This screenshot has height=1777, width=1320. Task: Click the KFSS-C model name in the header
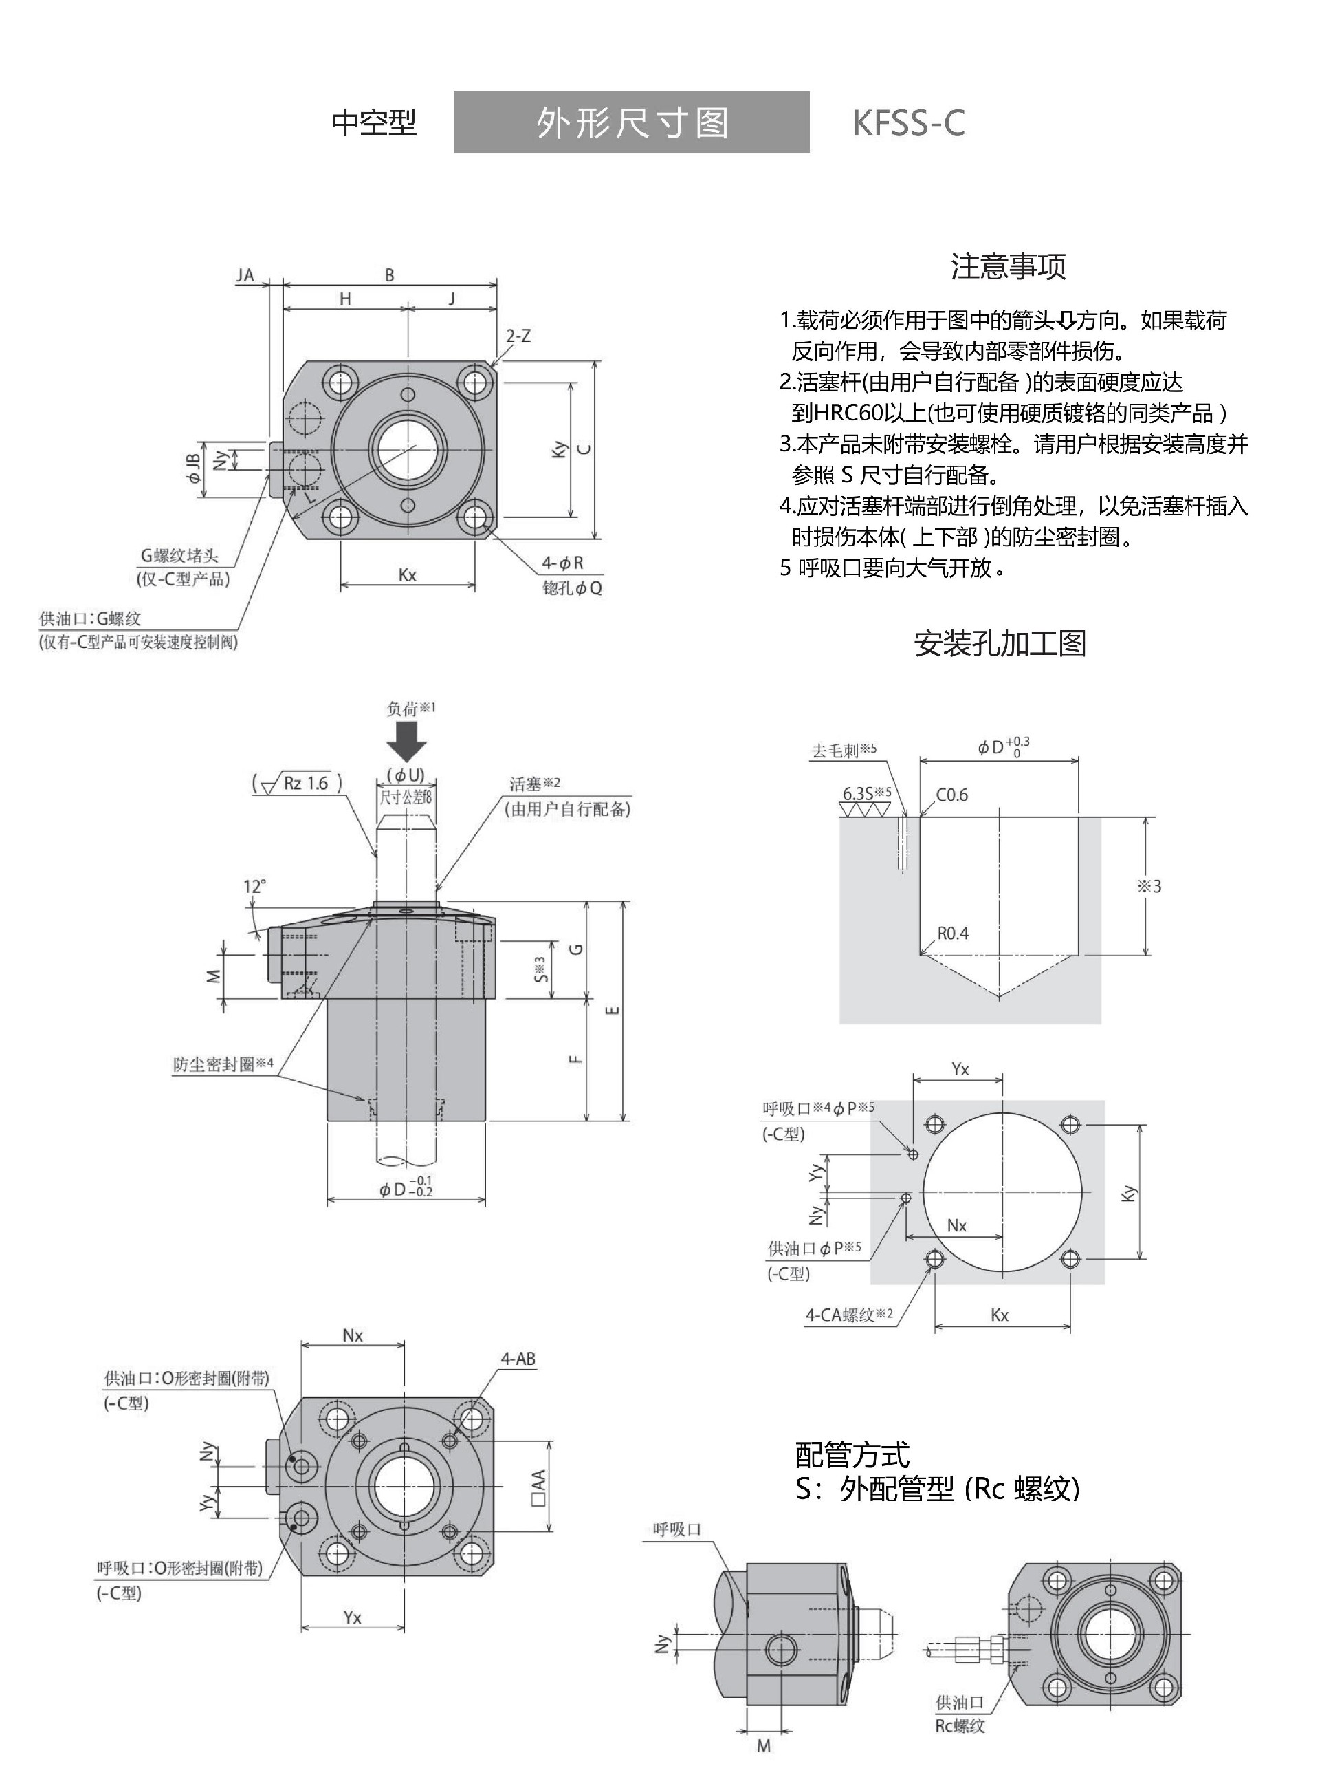point(908,123)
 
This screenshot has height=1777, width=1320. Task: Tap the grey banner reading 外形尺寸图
point(631,122)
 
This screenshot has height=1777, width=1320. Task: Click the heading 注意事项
point(1008,266)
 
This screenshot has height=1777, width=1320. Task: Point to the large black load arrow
point(407,741)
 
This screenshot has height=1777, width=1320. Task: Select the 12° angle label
point(254,887)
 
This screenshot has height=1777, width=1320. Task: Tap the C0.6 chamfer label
point(951,795)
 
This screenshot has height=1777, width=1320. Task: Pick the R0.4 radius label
point(952,933)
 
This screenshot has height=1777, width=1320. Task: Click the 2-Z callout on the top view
point(518,336)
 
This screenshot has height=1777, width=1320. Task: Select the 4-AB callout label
point(518,1359)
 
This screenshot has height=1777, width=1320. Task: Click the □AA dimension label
point(538,1489)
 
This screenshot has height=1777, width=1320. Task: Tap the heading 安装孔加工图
point(1000,643)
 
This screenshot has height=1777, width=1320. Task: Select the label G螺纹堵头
point(179,556)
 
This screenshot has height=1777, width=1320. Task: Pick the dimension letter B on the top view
point(389,275)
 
